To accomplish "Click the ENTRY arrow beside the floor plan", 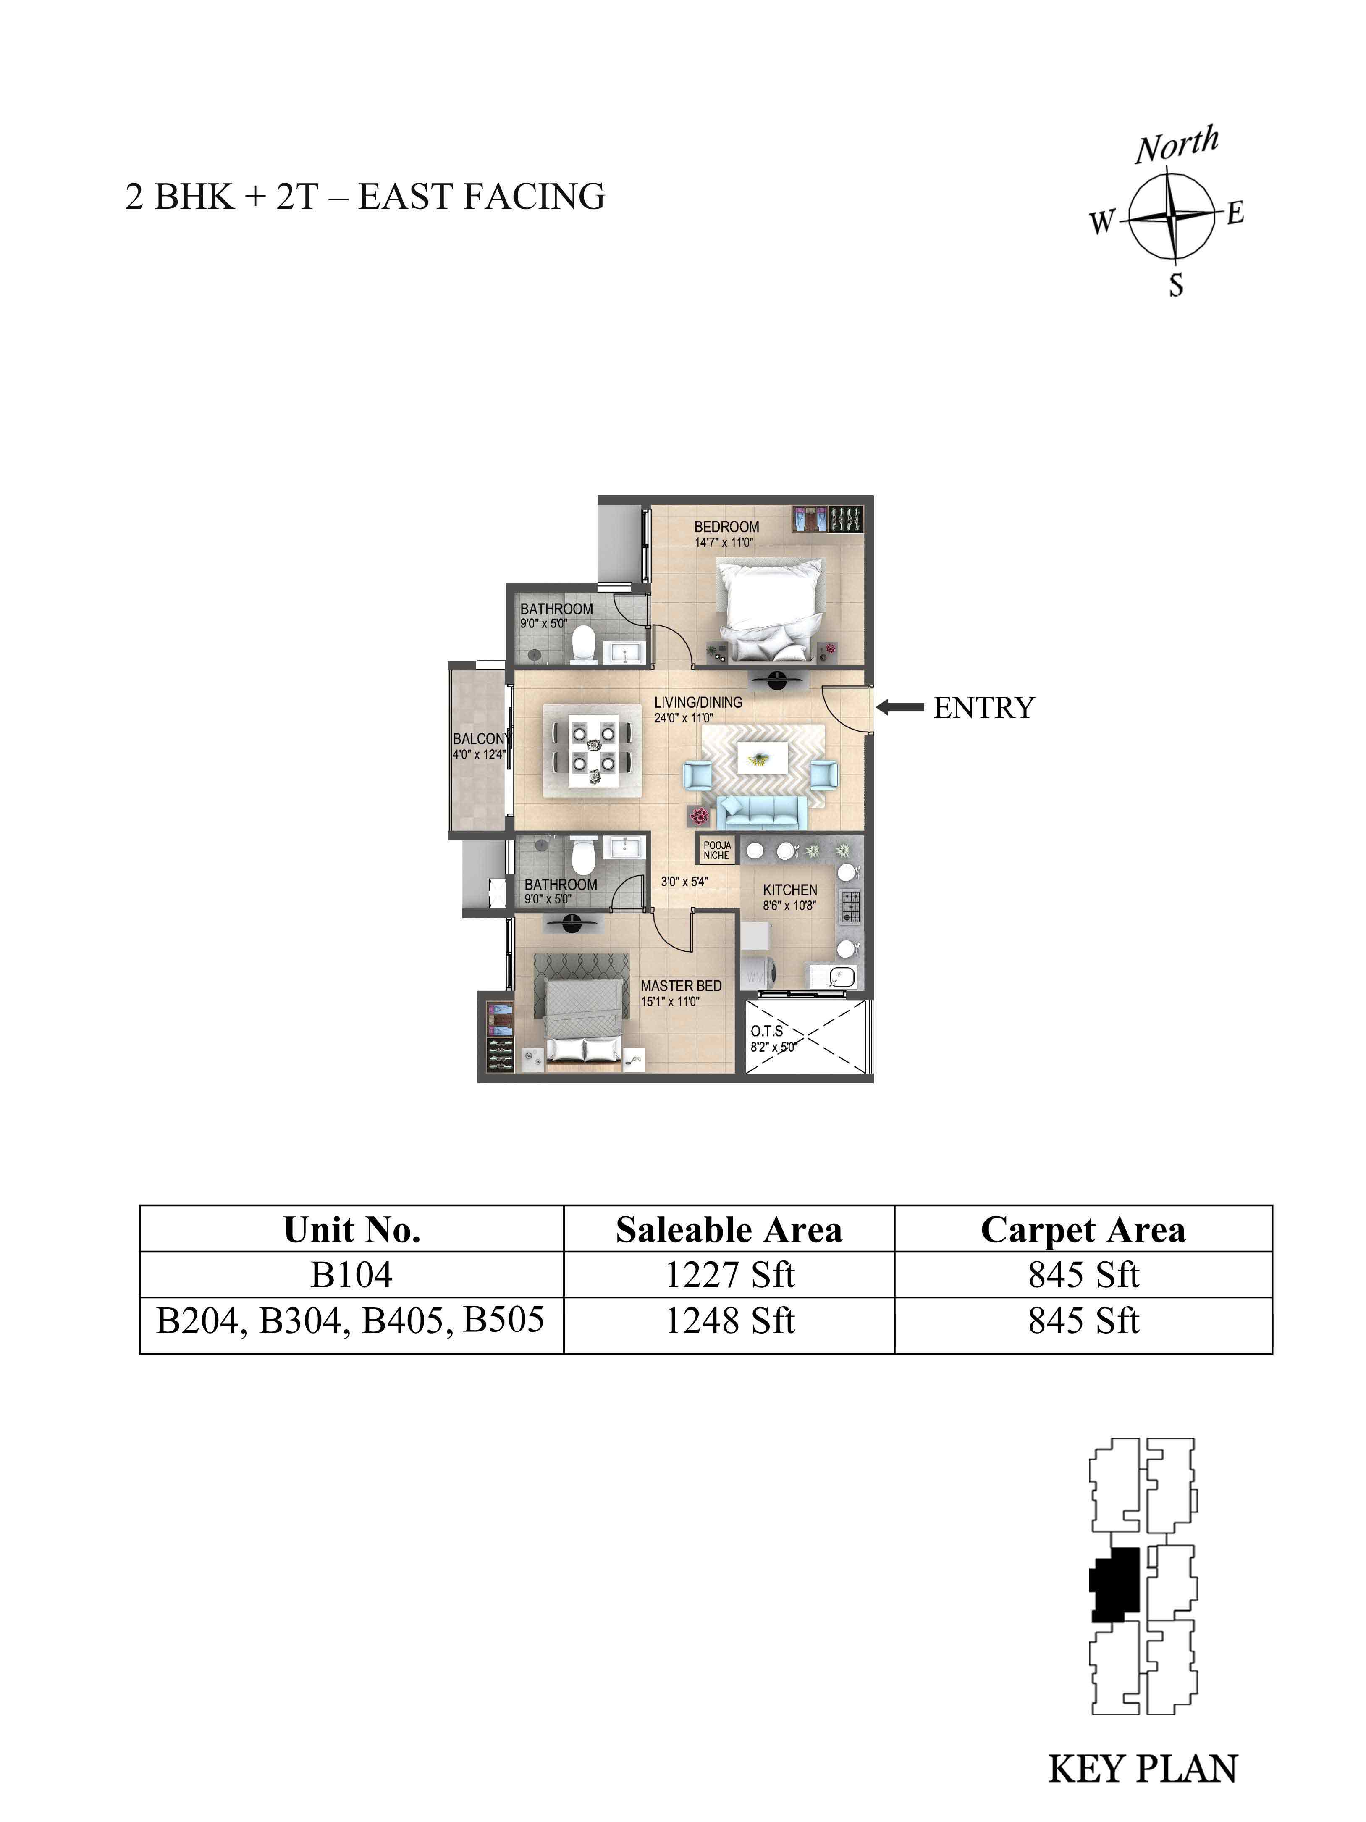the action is (900, 707).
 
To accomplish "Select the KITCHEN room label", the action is (789, 890).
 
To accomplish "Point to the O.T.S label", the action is (767, 1030).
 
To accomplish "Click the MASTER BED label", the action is (681, 985).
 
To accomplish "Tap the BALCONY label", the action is (481, 739).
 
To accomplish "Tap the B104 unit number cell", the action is (351, 1275).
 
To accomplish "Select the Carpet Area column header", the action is (1083, 1230).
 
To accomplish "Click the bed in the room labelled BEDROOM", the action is (770, 609).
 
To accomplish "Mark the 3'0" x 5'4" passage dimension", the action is (684, 881).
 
